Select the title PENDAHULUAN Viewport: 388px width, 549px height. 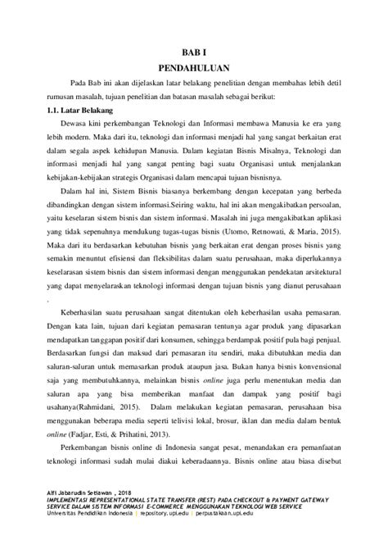pos(194,68)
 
